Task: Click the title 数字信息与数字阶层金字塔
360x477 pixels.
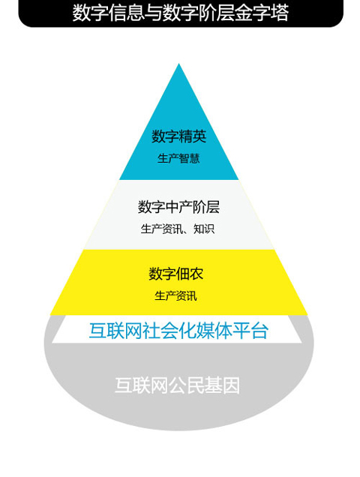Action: [180, 13]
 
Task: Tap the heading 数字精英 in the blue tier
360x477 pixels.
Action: [179, 136]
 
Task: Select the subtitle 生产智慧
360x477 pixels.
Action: [178, 158]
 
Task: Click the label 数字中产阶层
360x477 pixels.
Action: [178, 207]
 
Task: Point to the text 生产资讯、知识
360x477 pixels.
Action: [178, 229]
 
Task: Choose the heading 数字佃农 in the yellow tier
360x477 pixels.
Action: [176, 274]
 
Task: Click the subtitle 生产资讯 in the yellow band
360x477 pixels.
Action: [175, 295]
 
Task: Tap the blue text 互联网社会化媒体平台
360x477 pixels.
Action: [178, 330]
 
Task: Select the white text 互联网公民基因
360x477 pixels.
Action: [178, 385]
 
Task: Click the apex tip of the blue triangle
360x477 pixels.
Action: [179, 64]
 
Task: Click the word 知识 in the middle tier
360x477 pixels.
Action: [204, 229]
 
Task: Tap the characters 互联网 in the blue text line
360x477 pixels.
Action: [115, 330]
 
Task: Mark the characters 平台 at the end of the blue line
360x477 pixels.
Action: [250, 330]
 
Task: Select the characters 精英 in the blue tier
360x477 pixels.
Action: [193, 136]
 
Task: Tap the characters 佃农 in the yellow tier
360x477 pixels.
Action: [190, 274]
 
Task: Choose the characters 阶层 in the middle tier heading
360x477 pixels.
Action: [206, 207]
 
